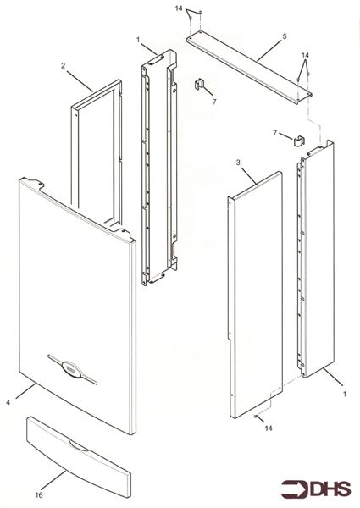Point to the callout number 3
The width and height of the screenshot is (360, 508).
(239, 161)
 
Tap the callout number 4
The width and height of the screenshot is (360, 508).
(8, 403)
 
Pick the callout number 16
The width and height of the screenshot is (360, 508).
(39, 497)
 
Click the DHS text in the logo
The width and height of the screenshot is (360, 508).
(331, 489)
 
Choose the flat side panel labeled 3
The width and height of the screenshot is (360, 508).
(254, 296)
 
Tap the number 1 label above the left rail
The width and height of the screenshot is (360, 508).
(138, 40)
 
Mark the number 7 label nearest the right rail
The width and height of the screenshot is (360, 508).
(276, 133)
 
